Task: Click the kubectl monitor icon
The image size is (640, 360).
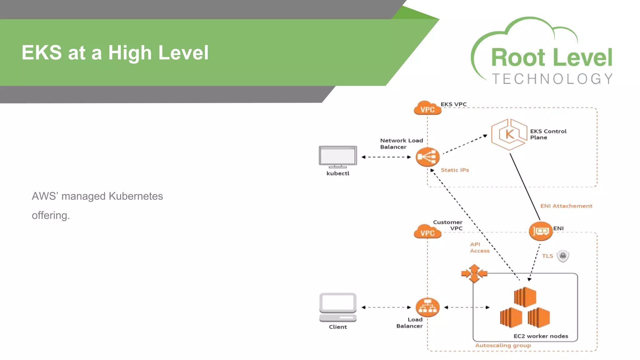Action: (338, 156)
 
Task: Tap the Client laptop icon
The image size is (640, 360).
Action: (338, 307)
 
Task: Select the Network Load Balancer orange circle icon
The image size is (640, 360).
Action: (427, 157)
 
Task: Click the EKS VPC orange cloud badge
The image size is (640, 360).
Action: (427, 108)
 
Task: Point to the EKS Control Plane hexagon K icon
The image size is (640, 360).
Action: (509, 134)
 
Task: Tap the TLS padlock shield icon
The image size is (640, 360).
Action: (563, 256)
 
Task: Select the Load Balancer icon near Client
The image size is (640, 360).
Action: (427, 307)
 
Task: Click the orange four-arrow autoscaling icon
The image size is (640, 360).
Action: (474, 273)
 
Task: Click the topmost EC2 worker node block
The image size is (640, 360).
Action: (525, 297)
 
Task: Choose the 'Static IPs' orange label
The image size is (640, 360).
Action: (455, 170)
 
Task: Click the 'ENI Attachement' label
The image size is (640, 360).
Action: (566, 206)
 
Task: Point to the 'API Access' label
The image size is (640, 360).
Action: (479, 247)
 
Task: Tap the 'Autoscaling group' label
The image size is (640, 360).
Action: (503, 345)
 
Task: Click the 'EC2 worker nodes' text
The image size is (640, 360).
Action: (541, 336)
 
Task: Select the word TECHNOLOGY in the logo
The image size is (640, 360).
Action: (552, 79)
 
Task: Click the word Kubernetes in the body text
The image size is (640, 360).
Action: (136, 196)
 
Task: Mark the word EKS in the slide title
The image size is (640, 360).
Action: (42, 52)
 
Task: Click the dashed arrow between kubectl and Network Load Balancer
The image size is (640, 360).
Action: (386, 157)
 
